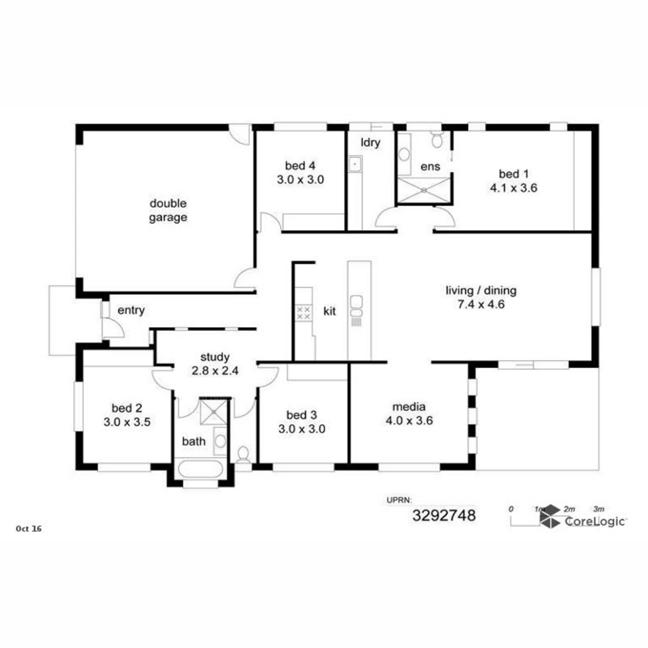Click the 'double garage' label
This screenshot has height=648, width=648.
pos(168,211)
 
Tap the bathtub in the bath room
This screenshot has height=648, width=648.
pos(200,469)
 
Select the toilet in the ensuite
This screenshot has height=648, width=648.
pos(437,139)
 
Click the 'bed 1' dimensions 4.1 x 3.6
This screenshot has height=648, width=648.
pos(514,187)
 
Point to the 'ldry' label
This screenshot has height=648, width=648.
pos(370,143)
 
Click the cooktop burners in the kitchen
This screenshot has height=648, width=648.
pos(303,313)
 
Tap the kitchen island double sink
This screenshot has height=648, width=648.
pos(356,306)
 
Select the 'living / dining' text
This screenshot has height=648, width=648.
pos(481,290)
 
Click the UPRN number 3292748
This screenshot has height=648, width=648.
pos(444,516)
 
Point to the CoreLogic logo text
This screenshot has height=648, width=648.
pos(595,522)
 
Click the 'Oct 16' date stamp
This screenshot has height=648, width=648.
pos(29,529)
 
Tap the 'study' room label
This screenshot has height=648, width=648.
pos(215,357)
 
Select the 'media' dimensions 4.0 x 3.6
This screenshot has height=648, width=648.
pos(409,420)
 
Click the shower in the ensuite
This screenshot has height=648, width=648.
pos(424,190)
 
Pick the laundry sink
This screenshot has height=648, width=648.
pos(355,165)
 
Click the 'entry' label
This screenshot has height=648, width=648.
pos(131,310)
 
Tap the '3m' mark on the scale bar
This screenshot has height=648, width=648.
pos(598,509)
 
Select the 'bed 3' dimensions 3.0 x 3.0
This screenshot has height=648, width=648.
pos(302,429)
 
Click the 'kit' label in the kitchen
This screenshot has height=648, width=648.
pos(329,312)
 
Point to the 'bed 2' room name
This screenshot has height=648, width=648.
pos(127,408)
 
